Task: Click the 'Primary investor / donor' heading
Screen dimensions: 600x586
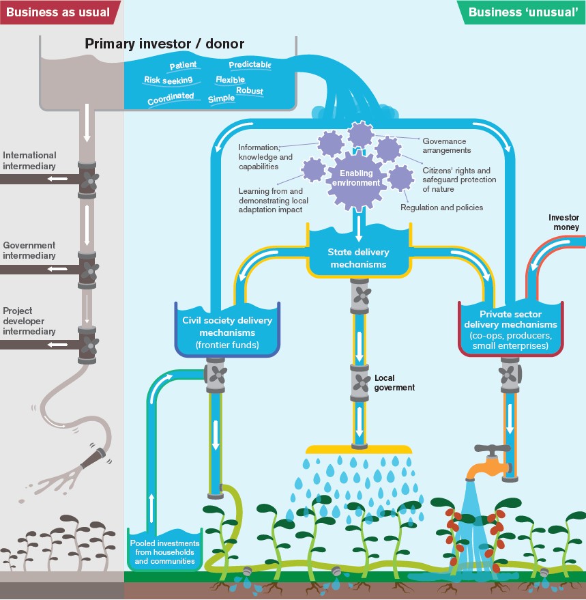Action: [164, 44]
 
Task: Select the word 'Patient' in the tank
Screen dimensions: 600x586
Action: [183, 66]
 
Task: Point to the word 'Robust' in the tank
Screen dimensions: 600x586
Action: [249, 91]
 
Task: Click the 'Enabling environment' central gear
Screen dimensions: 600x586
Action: [356, 179]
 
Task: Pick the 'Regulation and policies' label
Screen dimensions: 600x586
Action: [441, 208]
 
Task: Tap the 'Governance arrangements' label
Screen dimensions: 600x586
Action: [446, 145]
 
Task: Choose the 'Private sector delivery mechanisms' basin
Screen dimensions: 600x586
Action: [511, 330]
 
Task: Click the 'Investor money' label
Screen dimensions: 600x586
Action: [563, 222]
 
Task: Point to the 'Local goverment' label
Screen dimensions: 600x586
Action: [394, 382]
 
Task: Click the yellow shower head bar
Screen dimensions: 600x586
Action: [359, 449]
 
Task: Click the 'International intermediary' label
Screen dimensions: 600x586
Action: [29, 160]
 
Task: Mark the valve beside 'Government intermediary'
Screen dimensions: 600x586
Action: [87, 268]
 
